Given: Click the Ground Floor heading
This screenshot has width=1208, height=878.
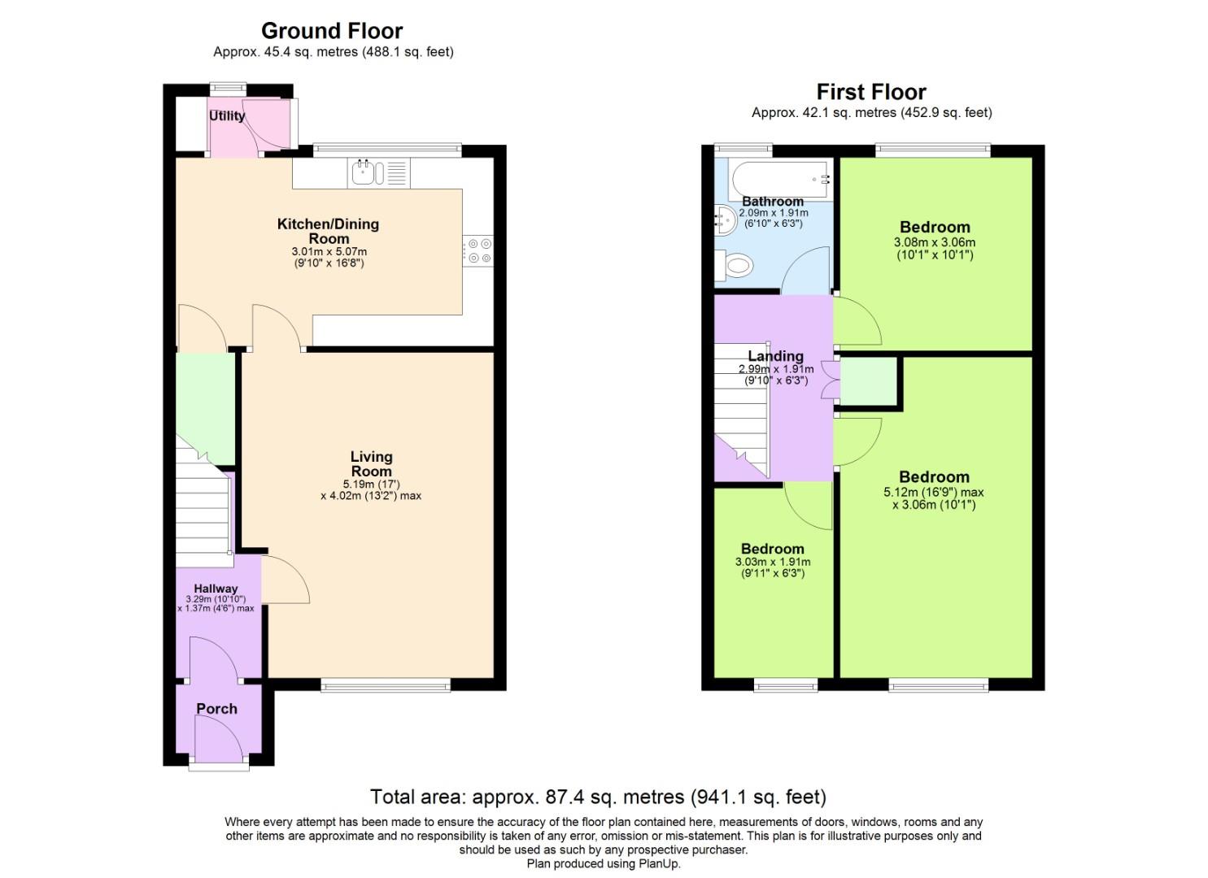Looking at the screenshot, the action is [332, 31].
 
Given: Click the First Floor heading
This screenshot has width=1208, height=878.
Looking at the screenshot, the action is [871, 92].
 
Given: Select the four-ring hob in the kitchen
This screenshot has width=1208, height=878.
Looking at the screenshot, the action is [478, 250].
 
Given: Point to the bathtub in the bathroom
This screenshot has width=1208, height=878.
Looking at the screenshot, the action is [780, 179].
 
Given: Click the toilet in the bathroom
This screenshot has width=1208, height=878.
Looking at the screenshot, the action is [735, 266].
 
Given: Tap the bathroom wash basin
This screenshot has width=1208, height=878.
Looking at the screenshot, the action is [726, 219].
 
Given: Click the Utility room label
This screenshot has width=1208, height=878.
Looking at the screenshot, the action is [227, 116].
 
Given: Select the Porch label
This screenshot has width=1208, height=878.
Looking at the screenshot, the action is [217, 709].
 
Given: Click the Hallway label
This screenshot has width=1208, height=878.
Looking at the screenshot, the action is [216, 589].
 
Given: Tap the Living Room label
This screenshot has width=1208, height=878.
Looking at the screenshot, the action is [371, 463].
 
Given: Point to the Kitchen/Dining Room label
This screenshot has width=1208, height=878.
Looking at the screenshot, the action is [329, 231].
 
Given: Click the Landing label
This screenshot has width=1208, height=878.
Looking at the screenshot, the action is [775, 356].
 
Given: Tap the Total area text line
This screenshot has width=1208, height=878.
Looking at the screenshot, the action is [598, 797].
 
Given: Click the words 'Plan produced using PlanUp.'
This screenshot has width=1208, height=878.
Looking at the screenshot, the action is [604, 863].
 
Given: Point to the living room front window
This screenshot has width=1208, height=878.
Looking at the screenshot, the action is [386, 685].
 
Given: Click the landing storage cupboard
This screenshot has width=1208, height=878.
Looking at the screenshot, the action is [868, 380].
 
